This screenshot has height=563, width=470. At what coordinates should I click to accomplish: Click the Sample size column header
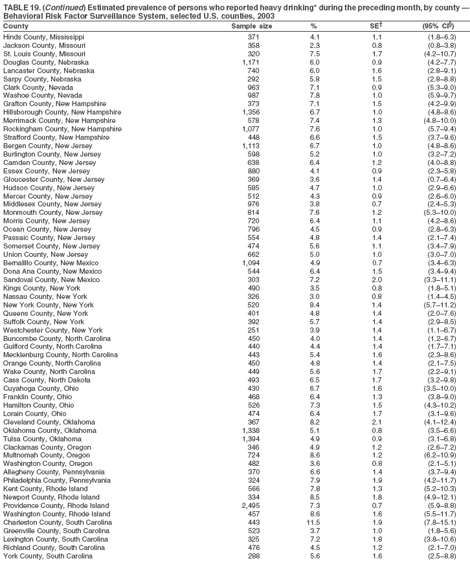click(252, 26)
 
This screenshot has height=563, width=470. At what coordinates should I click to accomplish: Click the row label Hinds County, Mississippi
click(43, 37)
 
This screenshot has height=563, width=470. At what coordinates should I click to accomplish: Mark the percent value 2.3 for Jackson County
click(314, 46)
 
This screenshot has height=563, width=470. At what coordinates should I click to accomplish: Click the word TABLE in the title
click(16, 6)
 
